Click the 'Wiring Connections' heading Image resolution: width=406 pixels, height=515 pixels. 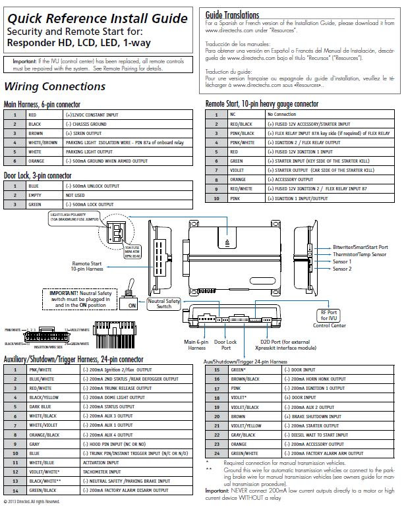click(x=54, y=87)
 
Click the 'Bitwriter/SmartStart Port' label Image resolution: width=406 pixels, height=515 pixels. click(x=361, y=247)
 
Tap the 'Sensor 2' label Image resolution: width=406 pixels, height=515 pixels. click(x=342, y=269)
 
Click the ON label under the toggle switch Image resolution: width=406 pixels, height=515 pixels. click(x=131, y=306)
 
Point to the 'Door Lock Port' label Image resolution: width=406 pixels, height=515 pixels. click(x=225, y=344)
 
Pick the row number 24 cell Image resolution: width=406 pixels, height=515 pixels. click(x=217, y=453)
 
